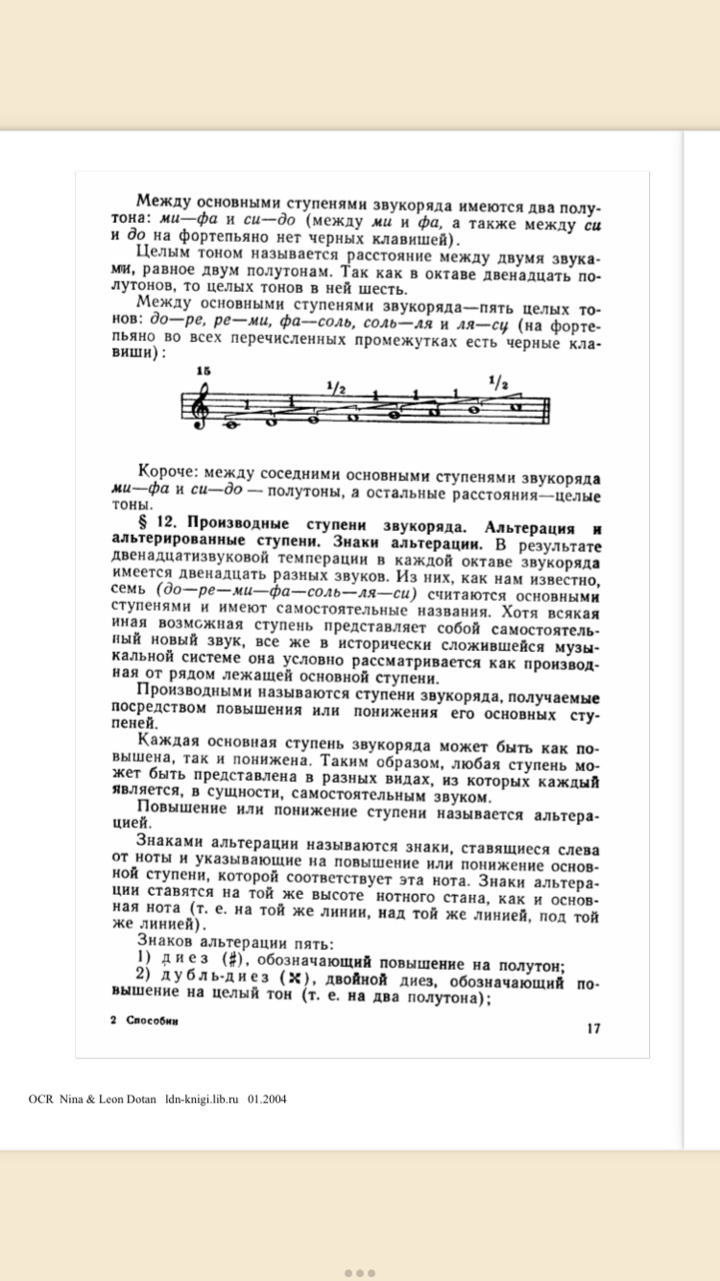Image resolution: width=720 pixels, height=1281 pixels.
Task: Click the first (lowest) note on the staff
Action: coord(231,423)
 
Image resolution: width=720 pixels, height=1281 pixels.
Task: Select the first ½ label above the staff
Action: coord(335,388)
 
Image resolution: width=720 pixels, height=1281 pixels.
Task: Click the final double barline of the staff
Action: coord(545,404)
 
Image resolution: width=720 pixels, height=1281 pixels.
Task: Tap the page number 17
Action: coord(593,1028)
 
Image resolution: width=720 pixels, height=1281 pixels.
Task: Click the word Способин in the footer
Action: coord(153,1022)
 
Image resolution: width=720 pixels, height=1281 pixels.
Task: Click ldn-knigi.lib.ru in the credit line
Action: coord(202,1099)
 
